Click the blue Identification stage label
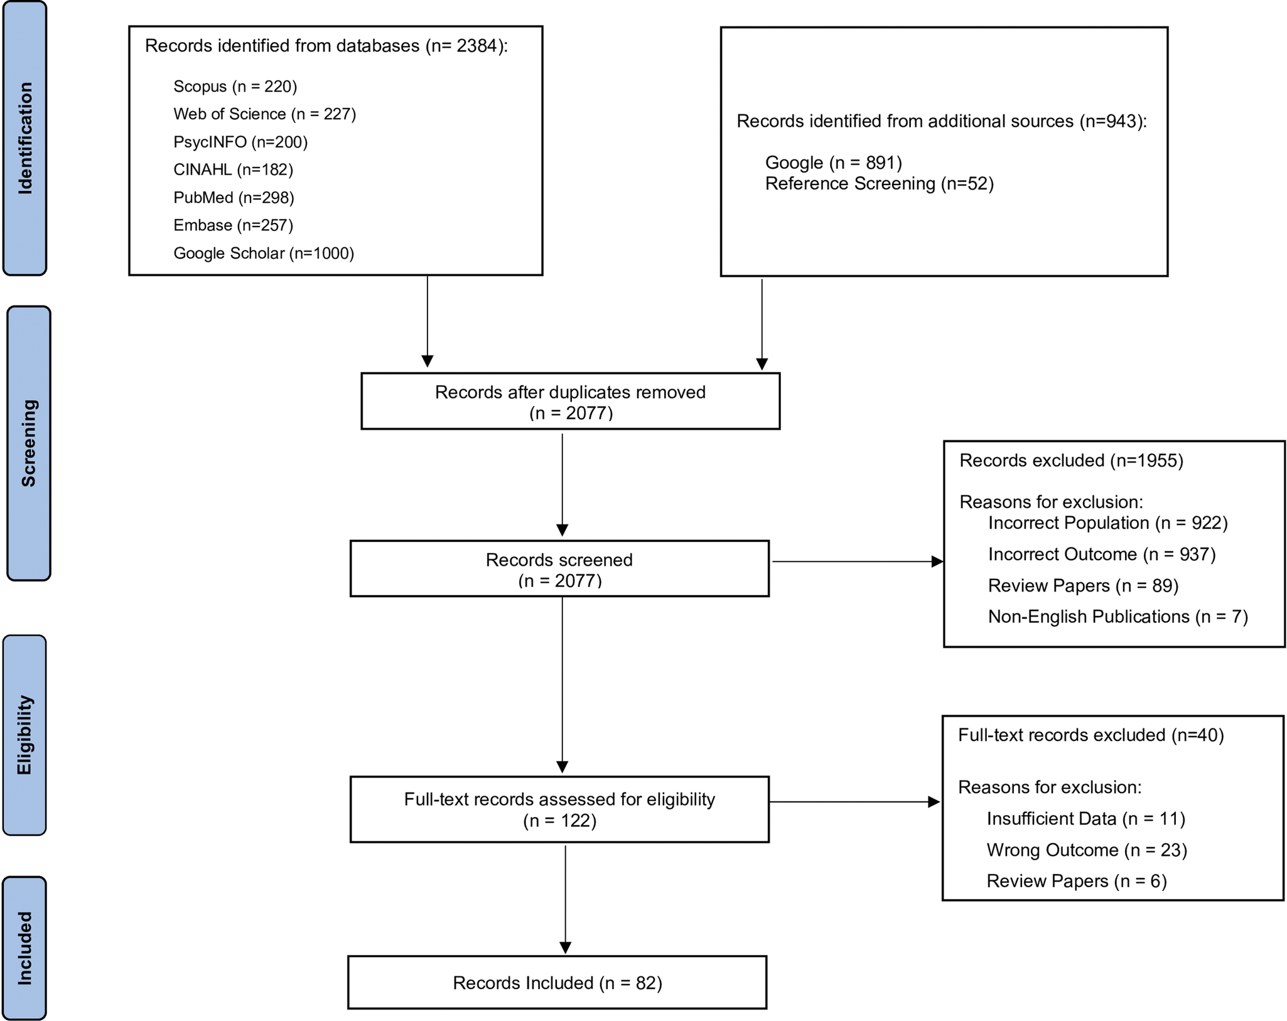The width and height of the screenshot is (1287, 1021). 24,138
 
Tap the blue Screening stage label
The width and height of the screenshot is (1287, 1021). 28,443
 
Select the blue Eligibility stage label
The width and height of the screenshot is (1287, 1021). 24,735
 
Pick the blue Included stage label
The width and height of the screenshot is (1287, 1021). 24,948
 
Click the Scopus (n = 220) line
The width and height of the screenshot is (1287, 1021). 235,86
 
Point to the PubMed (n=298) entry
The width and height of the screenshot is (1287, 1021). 234,197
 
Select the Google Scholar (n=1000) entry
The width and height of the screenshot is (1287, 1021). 264,253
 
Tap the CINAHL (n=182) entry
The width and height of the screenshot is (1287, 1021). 233,170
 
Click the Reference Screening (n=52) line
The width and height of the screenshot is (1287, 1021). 880,183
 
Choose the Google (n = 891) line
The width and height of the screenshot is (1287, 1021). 834,163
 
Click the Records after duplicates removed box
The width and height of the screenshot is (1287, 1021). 571,401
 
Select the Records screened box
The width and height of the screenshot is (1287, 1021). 559,568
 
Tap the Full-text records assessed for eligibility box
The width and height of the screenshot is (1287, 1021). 559,809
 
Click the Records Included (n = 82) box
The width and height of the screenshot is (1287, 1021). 557,983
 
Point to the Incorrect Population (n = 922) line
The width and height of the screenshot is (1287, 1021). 1108,523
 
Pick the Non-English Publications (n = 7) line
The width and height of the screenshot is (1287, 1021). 1118,617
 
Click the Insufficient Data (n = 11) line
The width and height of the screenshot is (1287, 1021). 1086,819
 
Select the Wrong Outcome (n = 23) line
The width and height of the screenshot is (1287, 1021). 1087,850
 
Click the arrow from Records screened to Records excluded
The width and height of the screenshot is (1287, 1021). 858,561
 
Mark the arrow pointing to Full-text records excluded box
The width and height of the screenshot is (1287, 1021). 854,802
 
